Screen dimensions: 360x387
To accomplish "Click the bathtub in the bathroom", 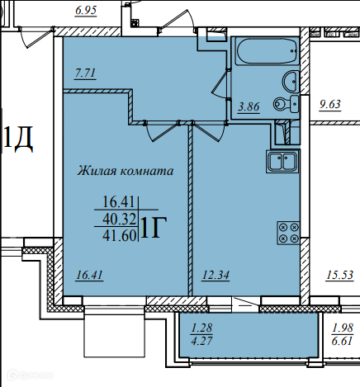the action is click(267, 51).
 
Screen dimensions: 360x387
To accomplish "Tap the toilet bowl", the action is click(287, 104).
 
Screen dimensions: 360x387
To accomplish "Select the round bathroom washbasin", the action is click(291, 82).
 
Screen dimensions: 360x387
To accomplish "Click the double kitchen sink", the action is click(282, 161).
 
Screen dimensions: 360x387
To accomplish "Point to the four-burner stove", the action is click(288, 233).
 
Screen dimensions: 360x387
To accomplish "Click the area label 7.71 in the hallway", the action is click(85, 73).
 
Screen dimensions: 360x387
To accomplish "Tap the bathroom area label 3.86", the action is click(249, 106).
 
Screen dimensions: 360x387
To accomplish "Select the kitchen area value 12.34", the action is click(216, 275).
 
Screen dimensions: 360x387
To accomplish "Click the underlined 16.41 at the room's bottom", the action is click(90, 275).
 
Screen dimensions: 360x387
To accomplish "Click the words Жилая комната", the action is click(126, 171).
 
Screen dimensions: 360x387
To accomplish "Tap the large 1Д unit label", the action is click(18, 139).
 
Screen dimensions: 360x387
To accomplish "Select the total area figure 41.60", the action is click(120, 235).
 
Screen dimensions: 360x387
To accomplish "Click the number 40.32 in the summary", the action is click(120, 219).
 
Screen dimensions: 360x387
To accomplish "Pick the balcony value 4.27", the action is click(202, 341).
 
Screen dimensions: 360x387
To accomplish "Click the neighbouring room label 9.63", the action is click(330, 105).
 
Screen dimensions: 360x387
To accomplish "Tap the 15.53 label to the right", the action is click(339, 275).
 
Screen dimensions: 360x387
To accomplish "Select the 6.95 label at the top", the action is click(86, 11).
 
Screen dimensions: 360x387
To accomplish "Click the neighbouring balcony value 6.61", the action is click(342, 341).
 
